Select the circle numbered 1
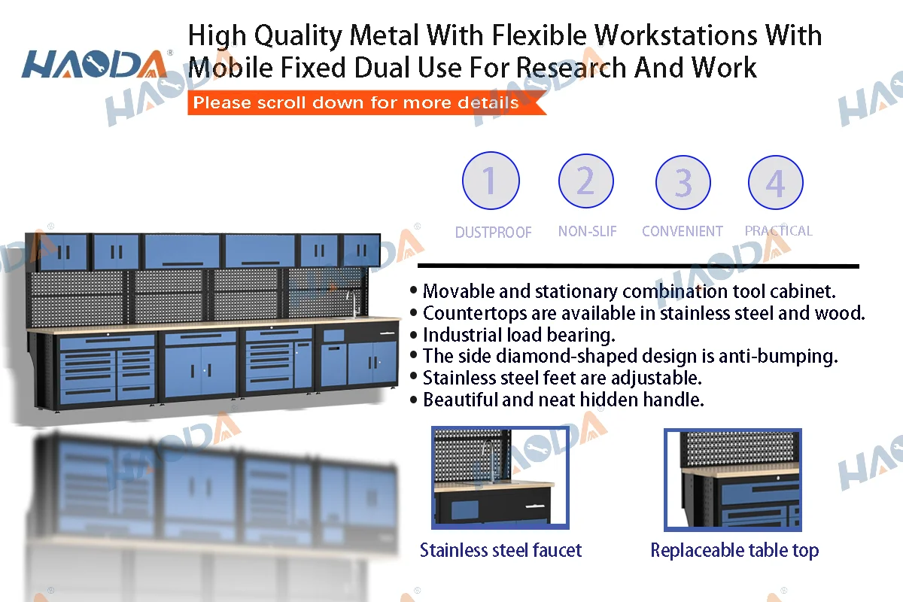pos(490,181)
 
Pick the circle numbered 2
pos(586,181)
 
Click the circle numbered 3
pos(683,183)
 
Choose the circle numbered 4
pos(775,183)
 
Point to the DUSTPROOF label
pos(493,233)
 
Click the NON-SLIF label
pos(587,232)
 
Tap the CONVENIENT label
pos(682,232)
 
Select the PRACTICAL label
pos(778,231)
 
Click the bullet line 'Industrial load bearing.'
pos(518,334)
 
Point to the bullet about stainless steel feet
pos(561,378)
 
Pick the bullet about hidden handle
pos(563,400)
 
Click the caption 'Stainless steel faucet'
pos(500,550)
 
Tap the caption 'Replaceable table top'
pos(734,551)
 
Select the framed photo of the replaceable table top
pos(732,479)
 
